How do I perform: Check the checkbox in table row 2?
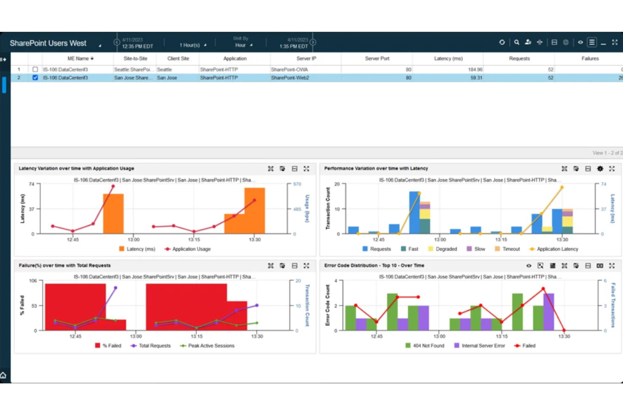35,78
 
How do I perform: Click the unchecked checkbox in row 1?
35,69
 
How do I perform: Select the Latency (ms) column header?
448,58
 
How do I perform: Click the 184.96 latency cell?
475,69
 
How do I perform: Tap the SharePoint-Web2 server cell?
290,78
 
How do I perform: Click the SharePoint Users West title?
48,43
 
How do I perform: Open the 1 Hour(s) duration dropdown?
192,45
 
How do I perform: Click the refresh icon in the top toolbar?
502,42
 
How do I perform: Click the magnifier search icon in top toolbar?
517,42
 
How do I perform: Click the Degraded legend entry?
446,249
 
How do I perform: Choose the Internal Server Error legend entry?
483,346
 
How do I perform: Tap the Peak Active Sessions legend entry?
211,346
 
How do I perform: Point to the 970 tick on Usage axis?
297,184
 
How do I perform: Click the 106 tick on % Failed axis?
33,281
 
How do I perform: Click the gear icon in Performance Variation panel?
600,169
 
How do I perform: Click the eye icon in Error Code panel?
529,266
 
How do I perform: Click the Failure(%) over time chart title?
64,265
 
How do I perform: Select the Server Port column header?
377,58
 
